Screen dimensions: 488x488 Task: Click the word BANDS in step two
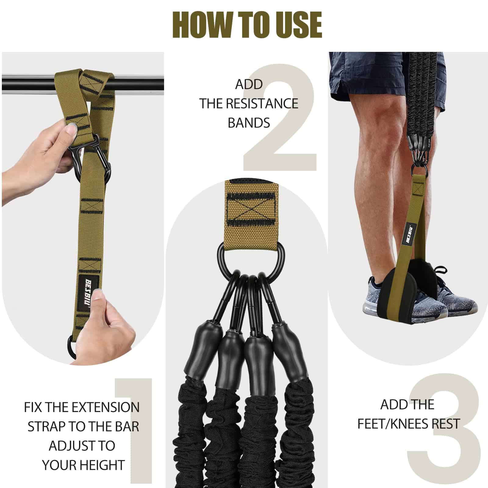coord(249,123)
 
